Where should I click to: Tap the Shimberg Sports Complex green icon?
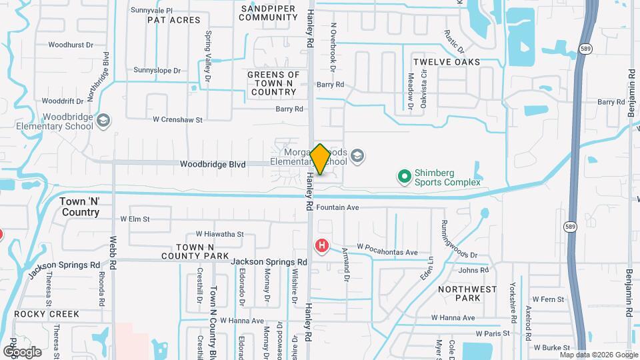pos(404,177)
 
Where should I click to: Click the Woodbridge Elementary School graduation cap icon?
pos(103,121)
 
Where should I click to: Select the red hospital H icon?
pos(323,246)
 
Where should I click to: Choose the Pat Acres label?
pos(173,20)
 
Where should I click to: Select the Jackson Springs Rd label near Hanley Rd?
pos(269,263)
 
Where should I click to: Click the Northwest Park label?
pos(467,293)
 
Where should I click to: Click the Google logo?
pos(22,352)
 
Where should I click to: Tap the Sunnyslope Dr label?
pos(157,70)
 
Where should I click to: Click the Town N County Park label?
pos(194,251)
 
